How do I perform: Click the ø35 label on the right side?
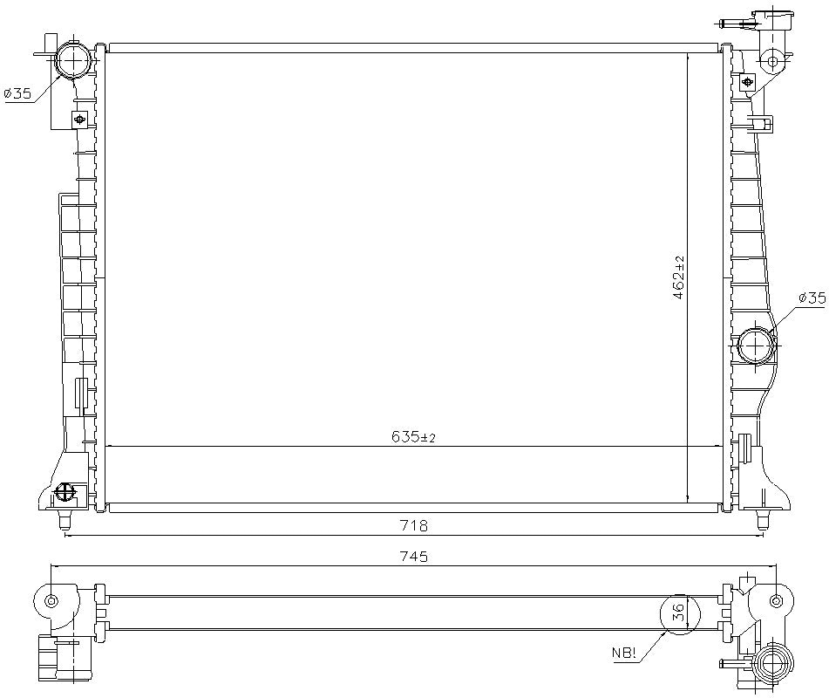coord(811,298)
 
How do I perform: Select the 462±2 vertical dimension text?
coord(678,278)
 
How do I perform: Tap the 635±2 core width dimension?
coord(413,437)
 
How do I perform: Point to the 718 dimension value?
coord(413,525)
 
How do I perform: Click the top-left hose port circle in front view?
coord(73,61)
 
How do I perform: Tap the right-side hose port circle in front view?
coord(755,346)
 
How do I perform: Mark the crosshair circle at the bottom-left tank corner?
coord(65,494)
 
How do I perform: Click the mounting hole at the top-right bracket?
coord(771,61)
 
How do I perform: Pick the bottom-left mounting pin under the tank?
coord(64,521)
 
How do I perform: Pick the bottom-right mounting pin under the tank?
coord(764,521)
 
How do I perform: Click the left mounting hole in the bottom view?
coord(51,600)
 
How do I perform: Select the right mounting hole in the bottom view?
coord(776,600)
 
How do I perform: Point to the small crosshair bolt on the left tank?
coord(81,119)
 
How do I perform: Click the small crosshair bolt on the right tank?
coord(748,83)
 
